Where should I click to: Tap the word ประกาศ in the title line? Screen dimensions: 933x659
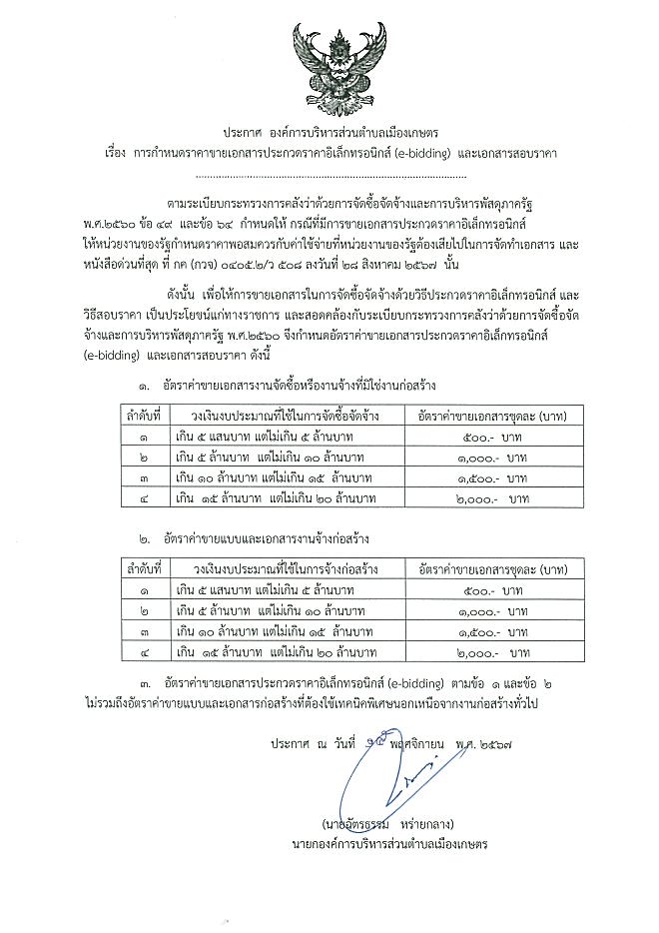(246, 133)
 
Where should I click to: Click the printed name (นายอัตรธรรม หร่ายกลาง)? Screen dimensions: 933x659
(389, 825)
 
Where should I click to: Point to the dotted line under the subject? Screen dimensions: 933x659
(330, 175)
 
